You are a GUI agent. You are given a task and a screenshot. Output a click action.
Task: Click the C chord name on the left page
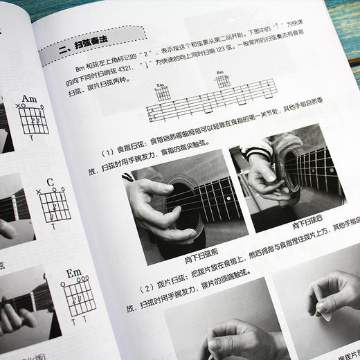[51, 183]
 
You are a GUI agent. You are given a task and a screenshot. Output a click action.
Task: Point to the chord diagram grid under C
[53, 206]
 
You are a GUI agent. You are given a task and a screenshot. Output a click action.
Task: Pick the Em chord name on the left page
[75, 273]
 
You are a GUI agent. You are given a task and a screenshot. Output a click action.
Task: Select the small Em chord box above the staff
[163, 93]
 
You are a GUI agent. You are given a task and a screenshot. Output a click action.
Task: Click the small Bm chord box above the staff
[222, 80]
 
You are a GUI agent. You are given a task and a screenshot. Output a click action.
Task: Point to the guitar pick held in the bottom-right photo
[325, 316]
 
